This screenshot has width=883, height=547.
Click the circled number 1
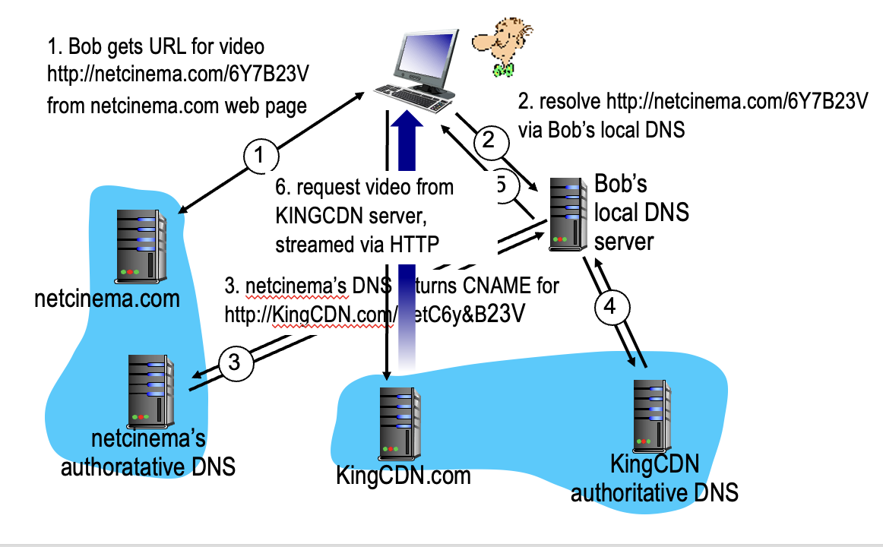[259, 157]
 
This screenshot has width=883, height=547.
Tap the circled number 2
[489, 140]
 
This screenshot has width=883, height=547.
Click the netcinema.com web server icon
[141, 243]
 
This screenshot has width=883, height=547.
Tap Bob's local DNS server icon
[568, 213]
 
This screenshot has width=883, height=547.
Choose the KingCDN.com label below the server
[403, 476]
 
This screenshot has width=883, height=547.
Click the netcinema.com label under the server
[107, 299]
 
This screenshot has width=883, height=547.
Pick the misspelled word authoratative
[122, 466]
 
